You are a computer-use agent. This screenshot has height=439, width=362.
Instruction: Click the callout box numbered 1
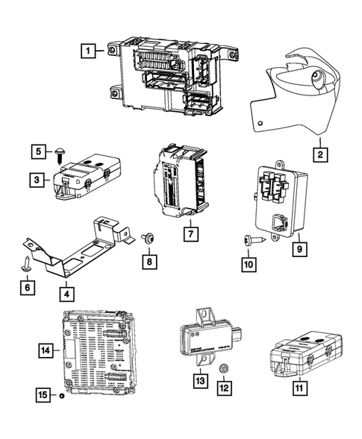pos(88,51)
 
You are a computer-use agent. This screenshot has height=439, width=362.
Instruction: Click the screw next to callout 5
pos(57,154)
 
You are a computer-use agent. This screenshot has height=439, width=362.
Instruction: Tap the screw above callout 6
pos(27,261)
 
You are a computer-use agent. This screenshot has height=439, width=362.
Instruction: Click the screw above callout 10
pos(252,239)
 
